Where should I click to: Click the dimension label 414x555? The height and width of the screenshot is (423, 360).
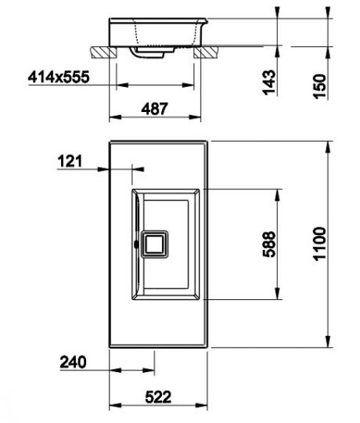(59, 77)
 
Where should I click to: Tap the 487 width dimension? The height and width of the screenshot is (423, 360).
(154, 109)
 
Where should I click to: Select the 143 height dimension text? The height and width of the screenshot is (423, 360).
(269, 82)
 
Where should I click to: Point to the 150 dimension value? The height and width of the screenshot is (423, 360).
(320, 86)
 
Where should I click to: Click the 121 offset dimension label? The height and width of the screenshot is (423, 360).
(70, 161)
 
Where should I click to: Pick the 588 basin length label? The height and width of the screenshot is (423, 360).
(269, 244)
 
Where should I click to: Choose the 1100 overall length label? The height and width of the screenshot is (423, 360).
(320, 244)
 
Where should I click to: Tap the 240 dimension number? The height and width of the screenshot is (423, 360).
(73, 362)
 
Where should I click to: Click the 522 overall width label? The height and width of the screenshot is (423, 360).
(158, 397)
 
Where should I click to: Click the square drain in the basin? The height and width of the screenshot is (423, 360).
(155, 244)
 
